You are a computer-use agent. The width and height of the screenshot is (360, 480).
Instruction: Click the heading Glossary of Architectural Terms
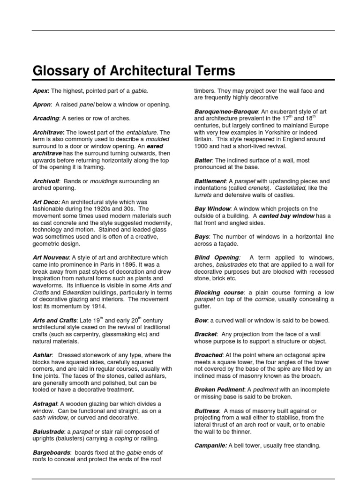click(134, 71)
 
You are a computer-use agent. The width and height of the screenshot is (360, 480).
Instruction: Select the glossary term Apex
click(40, 91)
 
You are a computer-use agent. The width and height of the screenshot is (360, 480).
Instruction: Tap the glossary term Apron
click(42, 105)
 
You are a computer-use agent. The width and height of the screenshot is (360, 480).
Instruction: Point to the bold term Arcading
click(46, 118)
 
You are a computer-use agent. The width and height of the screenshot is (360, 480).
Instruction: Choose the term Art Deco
click(46, 202)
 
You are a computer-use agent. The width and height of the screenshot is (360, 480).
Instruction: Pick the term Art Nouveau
click(51, 257)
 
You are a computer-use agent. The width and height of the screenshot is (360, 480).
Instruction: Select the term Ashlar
click(42, 355)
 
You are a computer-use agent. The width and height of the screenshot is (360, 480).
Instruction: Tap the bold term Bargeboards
click(51, 452)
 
